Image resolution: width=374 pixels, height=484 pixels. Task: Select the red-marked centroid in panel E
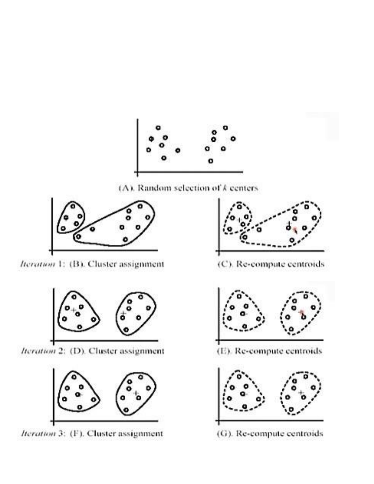[302, 312]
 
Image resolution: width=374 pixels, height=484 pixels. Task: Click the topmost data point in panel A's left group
[158, 128]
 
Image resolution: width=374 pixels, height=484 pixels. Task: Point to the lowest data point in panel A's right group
[211, 161]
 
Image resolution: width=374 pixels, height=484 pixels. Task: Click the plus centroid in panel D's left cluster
[73, 310]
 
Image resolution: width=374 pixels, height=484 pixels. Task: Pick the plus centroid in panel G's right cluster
[301, 392]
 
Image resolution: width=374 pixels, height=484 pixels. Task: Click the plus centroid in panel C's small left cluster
[239, 220]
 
